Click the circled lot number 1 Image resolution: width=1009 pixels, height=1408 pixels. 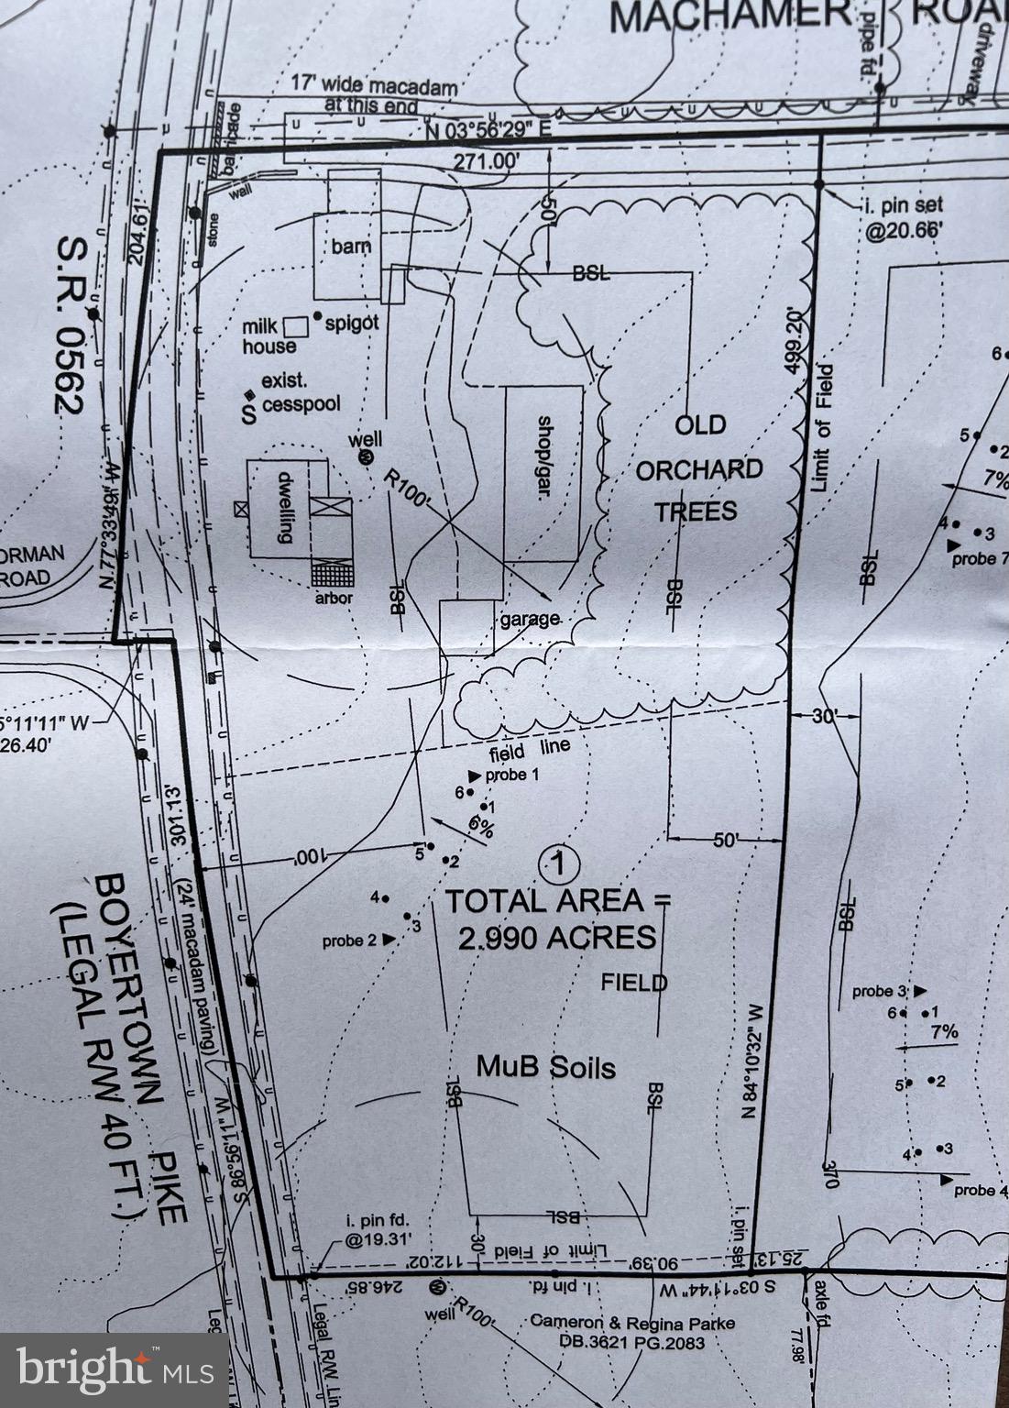[559, 863]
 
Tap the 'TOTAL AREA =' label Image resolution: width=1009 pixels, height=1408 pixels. [557, 901]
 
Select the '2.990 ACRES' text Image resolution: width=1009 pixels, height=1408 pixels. [557, 938]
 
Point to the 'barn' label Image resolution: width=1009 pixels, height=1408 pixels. [351, 247]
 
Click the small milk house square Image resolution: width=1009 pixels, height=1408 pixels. [295, 325]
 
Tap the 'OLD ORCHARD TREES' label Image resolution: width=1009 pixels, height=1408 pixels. [699, 468]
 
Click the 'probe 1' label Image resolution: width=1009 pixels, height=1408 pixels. [510, 775]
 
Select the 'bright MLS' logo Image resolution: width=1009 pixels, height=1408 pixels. [114, 1369]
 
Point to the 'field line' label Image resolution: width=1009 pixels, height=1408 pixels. [530, 750]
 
